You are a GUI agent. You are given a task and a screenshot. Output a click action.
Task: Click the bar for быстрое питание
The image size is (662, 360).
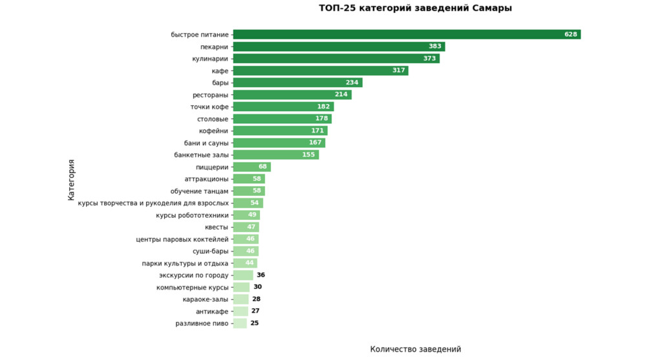(407, 34)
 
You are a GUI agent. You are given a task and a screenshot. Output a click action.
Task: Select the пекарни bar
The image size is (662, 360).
(339, 47)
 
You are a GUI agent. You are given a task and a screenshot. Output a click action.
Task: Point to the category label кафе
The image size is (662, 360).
(220, 70)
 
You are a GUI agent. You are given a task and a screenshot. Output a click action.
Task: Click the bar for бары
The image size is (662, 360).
(297, 83)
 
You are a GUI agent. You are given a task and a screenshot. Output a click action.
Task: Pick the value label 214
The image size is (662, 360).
(341, 95)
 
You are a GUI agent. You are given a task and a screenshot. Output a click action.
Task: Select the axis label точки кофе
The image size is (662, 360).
(209, 107)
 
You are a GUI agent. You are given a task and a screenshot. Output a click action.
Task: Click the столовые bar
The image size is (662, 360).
(282, 119)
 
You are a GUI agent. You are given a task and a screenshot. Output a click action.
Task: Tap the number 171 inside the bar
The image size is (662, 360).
(317, 131)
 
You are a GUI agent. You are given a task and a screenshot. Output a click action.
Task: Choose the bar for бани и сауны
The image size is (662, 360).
(279, 143)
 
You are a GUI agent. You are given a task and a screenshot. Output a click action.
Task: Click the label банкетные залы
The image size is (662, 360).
(201, 155)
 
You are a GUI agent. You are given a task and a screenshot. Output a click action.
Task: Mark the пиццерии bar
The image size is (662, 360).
(251, 167)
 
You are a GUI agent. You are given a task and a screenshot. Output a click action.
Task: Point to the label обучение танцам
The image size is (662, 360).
(199, 191)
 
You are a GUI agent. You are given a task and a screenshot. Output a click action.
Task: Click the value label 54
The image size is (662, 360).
(254, 203)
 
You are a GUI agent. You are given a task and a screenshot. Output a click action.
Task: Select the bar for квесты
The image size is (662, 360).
(246, 227)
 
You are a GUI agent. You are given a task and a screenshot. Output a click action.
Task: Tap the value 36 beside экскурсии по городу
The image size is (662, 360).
(261, 275)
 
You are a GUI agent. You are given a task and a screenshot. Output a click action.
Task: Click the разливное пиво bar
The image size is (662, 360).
(240, 323)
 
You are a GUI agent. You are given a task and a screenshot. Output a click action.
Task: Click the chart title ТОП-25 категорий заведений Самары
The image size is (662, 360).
(415, 8)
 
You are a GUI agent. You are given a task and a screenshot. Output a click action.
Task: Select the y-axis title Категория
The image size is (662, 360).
(71, 180)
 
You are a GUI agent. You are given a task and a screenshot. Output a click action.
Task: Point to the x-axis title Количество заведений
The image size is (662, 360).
(415, 349)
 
